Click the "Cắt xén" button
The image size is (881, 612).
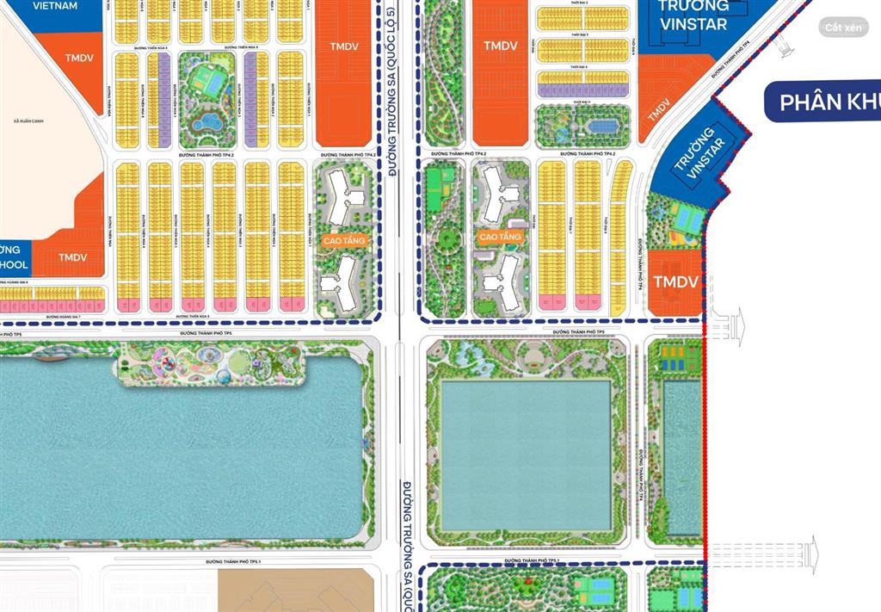point(842,28)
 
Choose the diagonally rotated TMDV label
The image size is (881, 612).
point(659,109)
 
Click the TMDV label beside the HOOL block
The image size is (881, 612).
point(73,257)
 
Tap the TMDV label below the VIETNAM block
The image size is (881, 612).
point(83,58)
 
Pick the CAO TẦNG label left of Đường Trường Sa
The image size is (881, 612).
point(345,242)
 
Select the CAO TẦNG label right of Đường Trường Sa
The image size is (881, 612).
point(501,236)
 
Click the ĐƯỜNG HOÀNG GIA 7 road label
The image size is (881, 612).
point(63,317)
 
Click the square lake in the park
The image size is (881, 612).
point(525,454)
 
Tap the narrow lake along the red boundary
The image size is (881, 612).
point(682,456)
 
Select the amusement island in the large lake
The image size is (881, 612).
point(211,365)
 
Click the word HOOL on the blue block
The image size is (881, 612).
point(15,264)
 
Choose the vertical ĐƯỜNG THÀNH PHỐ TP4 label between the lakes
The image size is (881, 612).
point(641,473)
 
